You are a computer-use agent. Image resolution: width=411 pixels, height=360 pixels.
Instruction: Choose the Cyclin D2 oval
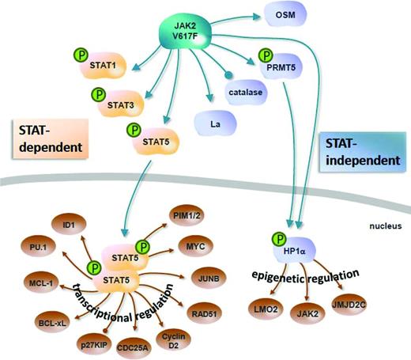pos(174,337)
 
